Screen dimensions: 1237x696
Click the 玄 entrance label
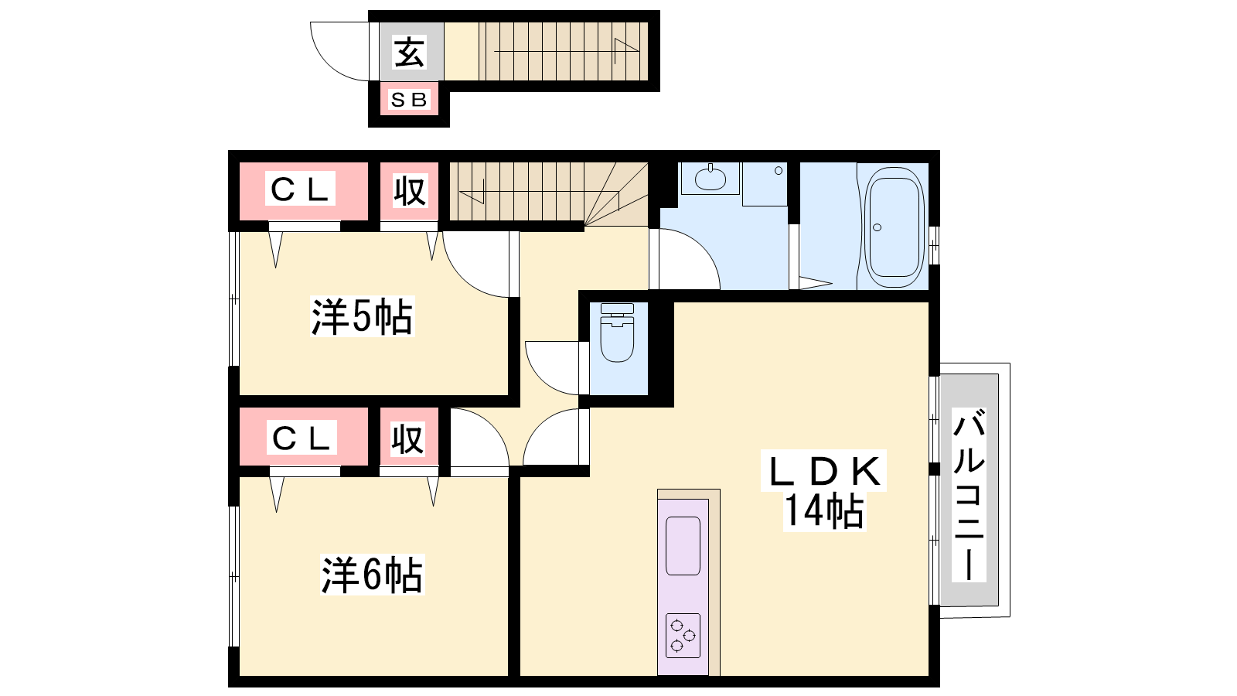(409, 53)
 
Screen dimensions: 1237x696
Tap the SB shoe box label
(409, 100)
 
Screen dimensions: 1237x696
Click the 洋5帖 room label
(363, 316)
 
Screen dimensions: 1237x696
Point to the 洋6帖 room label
(372, 575)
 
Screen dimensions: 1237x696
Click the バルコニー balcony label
(969, 495)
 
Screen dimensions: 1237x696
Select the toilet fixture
(617, 333)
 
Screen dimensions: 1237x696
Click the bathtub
(895, 227)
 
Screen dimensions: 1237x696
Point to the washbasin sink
(711, 179)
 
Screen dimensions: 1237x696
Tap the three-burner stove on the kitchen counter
(683, 635)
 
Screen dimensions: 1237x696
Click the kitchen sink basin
(683, 546)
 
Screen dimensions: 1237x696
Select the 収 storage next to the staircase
(409, 191)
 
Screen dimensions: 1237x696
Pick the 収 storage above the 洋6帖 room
(408, 438)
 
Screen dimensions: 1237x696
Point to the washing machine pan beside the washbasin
(765, 185)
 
